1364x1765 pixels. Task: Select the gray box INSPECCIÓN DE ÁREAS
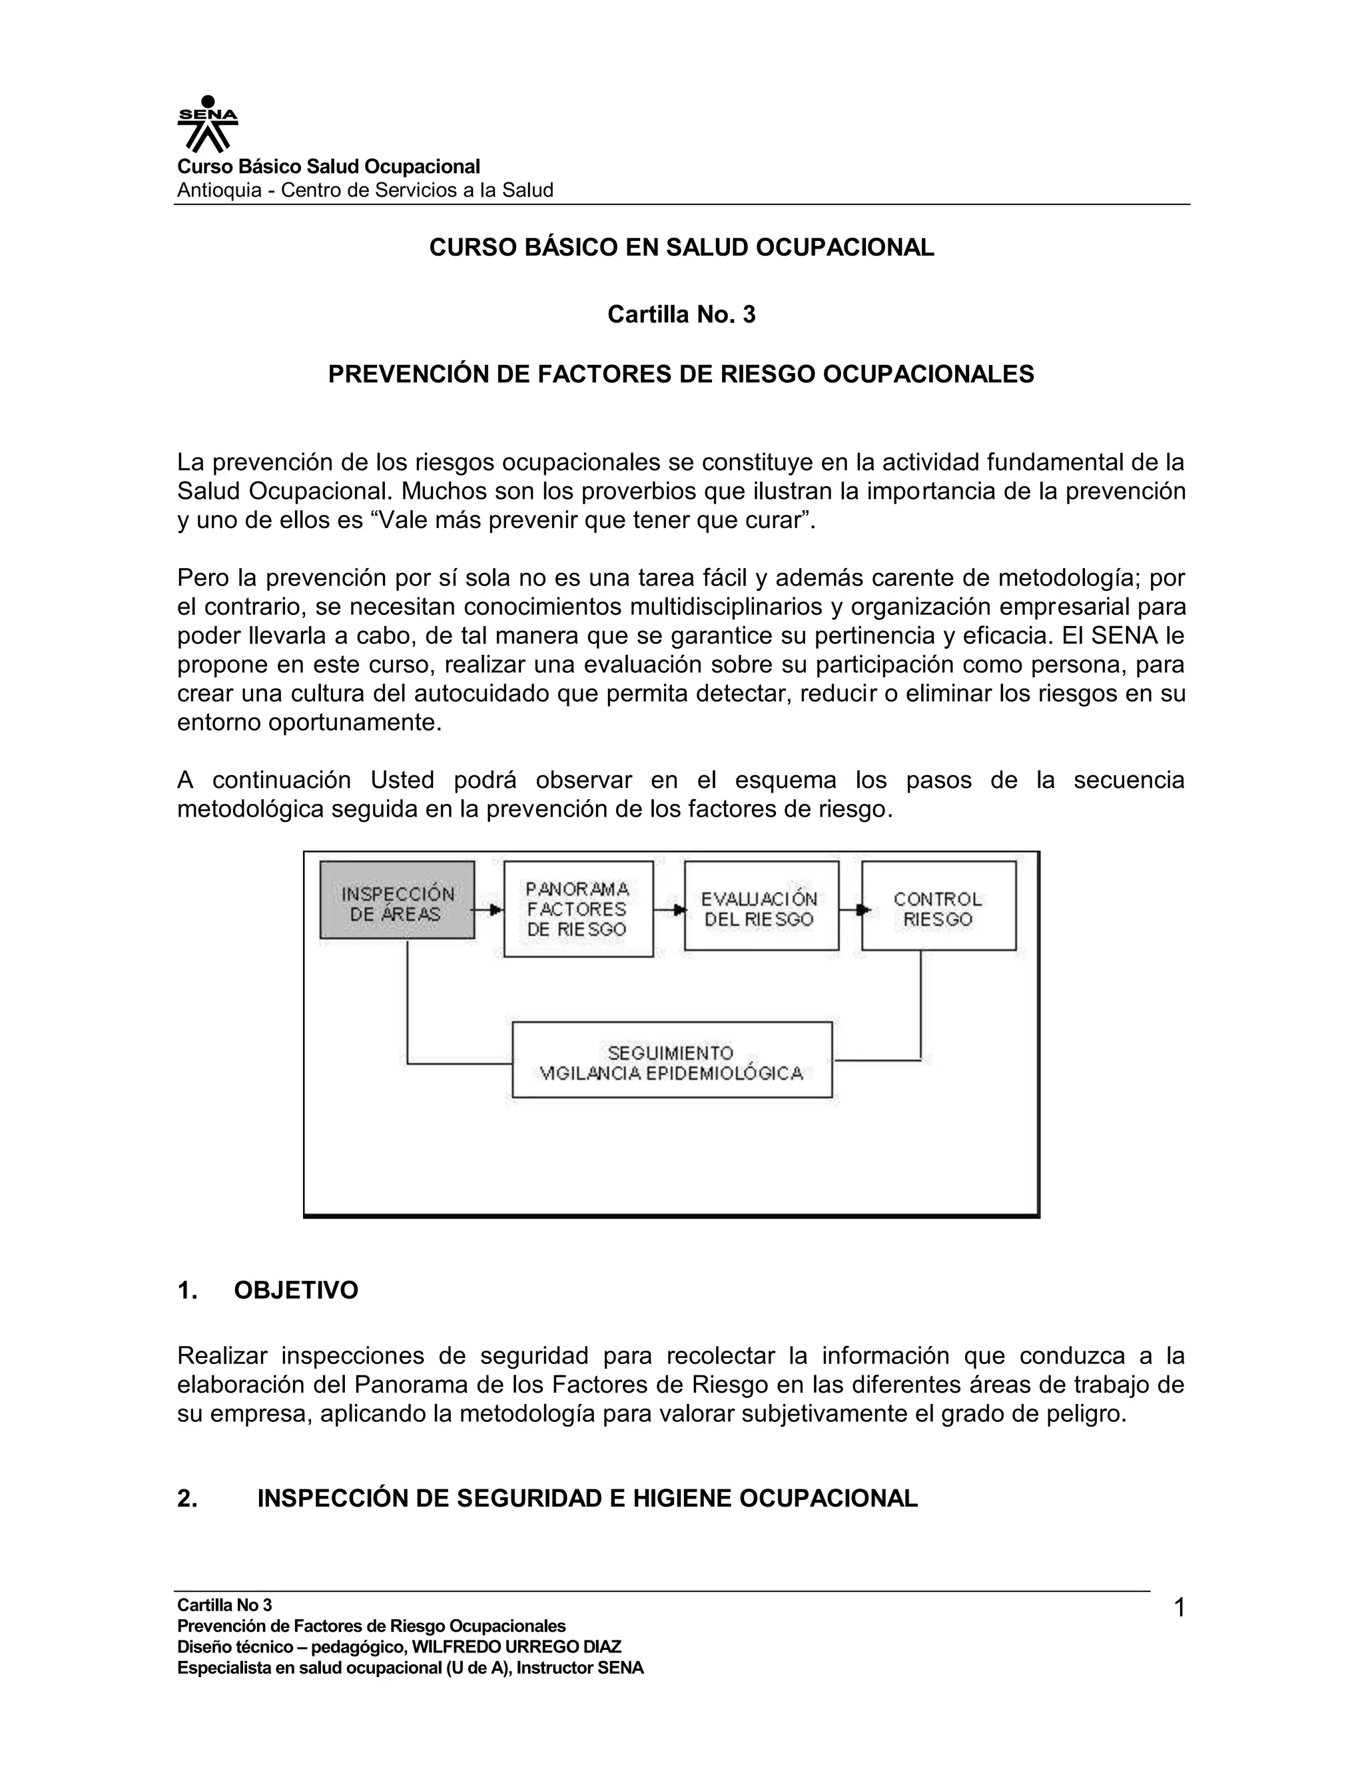coord(397,899)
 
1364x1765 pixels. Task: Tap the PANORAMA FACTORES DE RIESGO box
coord(577,909)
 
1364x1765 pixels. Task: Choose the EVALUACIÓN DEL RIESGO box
coord(761,905)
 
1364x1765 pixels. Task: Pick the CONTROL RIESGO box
coord(938,905)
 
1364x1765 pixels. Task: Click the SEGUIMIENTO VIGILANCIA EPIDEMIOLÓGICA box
coord(671,1060)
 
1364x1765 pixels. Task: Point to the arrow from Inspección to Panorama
coord(488,910)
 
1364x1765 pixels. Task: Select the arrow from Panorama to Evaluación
coord(668,910)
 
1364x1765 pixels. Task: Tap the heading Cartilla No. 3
coord(681,314)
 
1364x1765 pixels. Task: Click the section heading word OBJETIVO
coord(296,1290)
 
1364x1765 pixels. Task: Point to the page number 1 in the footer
coord(1179,1608)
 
